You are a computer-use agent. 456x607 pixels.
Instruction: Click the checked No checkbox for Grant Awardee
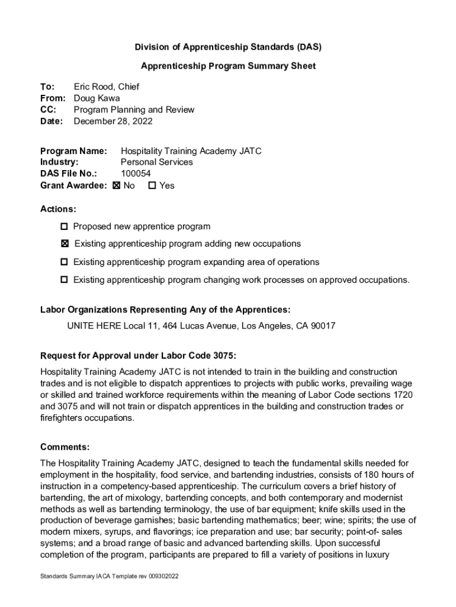tap(116, 186)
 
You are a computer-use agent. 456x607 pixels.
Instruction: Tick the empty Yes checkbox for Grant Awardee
tap(152, 186)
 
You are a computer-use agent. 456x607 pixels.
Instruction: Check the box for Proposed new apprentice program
tap(64, 226)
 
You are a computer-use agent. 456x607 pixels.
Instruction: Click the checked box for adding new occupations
tap(64, 244)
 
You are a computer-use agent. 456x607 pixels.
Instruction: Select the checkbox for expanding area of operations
tap(64, 262)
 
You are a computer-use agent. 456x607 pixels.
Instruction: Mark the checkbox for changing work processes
tap(64, 280)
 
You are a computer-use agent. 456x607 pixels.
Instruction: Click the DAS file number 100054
tap(136, 174)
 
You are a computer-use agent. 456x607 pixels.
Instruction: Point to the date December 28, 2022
tap(113, 122)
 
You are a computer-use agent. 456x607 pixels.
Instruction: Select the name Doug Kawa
tap(96, 98)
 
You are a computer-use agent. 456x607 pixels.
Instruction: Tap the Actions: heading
tap(58, 209)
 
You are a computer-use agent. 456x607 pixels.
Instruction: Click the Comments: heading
tap(65, 447)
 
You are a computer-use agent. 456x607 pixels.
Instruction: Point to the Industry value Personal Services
tap(156, 162)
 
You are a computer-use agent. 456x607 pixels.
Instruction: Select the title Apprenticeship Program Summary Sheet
tap(228, 66)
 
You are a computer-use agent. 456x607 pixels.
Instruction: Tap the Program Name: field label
tap(73, 151)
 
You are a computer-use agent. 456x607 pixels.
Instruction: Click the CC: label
tap(48, 110)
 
